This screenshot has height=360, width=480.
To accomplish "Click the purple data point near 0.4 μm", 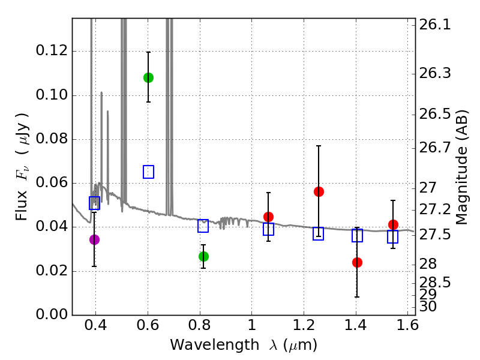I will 94,239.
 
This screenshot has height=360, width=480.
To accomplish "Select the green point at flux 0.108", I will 148,77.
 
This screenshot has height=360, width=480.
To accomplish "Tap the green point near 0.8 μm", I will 203,256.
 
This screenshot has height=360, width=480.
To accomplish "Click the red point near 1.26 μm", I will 319,191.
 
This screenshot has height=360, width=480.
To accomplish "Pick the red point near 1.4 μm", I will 357,262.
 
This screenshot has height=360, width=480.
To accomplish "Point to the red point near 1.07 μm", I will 268,217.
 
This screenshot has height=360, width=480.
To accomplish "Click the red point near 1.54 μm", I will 393,224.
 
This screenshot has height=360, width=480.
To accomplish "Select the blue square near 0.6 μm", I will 148,172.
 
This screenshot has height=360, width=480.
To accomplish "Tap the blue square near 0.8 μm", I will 203,226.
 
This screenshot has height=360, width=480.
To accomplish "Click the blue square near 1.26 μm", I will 319,233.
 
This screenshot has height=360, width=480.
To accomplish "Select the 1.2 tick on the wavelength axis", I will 303,328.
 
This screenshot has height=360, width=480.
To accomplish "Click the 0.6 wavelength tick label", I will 148,328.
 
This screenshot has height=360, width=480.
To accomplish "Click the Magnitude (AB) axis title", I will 462,167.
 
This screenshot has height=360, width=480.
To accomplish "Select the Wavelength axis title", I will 243,345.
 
